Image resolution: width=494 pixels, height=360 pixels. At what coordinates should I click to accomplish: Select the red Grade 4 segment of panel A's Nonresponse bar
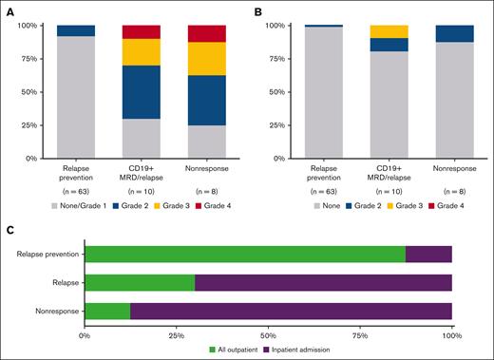[208, 33]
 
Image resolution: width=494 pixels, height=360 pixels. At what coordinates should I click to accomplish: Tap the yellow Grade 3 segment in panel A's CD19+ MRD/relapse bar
[142, 52]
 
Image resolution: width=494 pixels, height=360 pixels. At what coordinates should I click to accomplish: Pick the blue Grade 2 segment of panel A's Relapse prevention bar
[75, 30]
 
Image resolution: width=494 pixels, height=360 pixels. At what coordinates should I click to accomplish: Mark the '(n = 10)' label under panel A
[142, 190]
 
